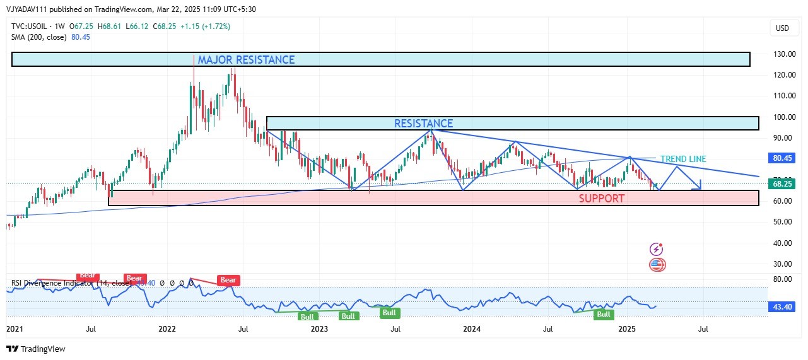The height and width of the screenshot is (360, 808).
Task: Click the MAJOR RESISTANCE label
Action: click(x=246, y=60)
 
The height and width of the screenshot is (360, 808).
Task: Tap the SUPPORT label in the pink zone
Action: click(x=602, y=199)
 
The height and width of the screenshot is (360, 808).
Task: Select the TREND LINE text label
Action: click(x=683, y=159)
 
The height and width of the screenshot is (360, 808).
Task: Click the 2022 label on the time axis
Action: click(x=167, y=328)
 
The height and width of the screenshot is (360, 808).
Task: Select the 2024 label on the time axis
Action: click(x=472, y=328)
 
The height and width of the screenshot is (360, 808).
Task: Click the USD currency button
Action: click(x=782, y=28)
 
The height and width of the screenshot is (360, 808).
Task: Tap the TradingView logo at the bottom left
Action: click(x=36, y=349)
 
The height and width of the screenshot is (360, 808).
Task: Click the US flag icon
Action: click(x=657, y=265)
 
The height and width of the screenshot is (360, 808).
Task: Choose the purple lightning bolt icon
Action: click(x=657, y=250)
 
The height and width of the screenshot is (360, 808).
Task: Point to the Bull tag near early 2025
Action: click(x=604, y=314)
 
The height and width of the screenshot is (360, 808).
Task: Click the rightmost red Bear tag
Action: click(x=227, y=280)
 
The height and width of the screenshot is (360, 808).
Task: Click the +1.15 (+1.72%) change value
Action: click(x=205, y=26)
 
